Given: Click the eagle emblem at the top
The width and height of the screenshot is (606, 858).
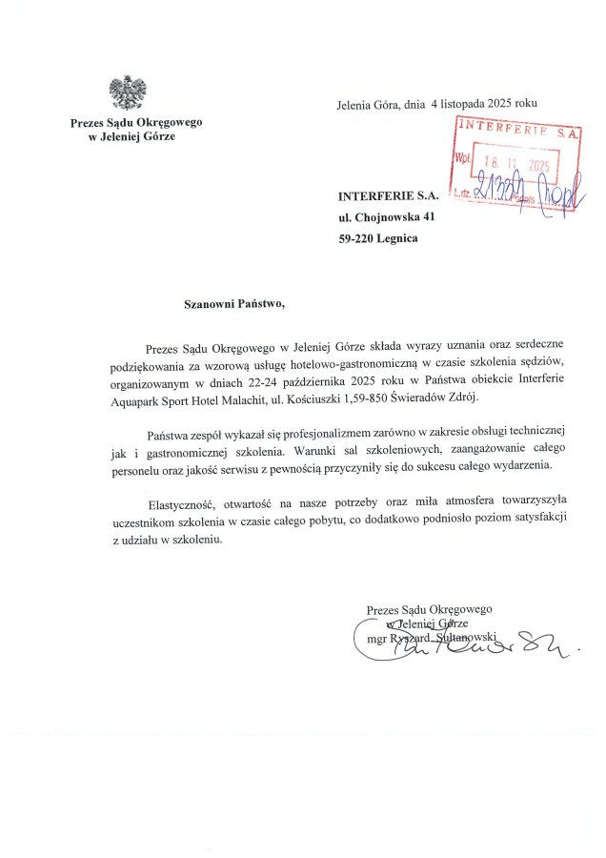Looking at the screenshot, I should click(128, 92).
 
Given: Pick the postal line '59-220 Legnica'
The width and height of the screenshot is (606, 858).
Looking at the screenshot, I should click(377, 238).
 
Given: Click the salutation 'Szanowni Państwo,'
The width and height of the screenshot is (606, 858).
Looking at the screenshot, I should click(234, 305).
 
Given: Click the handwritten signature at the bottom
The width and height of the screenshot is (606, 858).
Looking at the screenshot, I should click(457, 642).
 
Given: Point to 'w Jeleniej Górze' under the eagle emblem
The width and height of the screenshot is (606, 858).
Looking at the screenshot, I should click(131, 136).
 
